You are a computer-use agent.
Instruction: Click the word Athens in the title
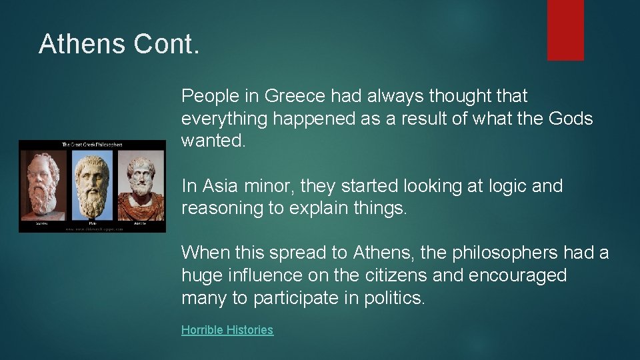[x=82, y=44]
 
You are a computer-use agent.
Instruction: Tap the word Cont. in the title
[x=167, y=44]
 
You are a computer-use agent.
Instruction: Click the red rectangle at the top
[x=565, y=29]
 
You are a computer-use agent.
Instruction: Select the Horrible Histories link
[x=227, y=330]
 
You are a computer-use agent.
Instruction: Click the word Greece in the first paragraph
[x=293, y=96]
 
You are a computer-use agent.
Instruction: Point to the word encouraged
[x=517, y=275]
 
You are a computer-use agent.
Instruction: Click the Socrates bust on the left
[x=44, y=183]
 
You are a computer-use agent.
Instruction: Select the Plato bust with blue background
[x=93, y=183]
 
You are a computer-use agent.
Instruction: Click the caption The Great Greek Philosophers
[x=92, y=145]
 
